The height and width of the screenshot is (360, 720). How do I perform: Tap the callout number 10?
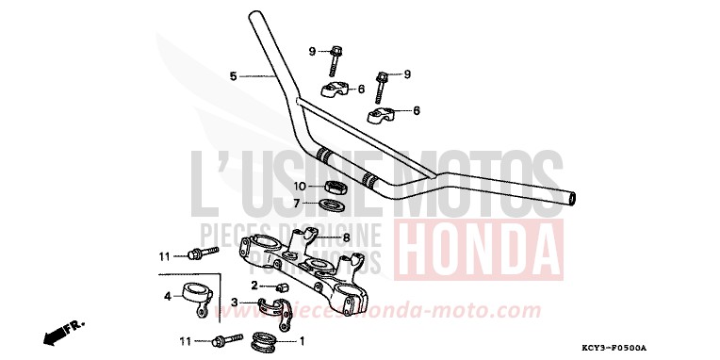[300, 186]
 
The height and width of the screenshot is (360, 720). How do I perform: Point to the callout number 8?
[346, 237]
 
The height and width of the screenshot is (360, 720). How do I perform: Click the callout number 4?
[167, 295]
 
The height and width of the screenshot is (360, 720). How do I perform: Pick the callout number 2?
[254, 285]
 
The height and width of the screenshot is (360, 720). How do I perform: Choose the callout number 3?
[235, 302]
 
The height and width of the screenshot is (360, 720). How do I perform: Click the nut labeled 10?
[335, 185]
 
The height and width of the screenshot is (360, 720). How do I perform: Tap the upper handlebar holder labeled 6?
[335, 90]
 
